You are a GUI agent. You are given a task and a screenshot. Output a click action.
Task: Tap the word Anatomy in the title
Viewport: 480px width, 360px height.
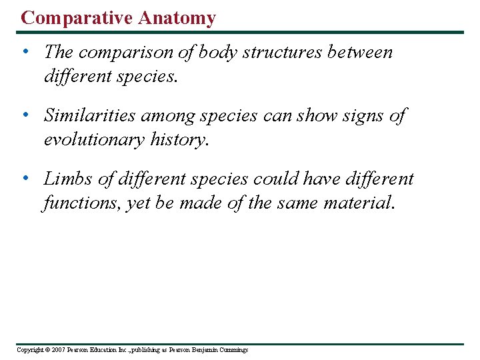pos(177,18)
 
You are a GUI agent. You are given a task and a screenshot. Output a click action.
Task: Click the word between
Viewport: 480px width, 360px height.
pos(360,52)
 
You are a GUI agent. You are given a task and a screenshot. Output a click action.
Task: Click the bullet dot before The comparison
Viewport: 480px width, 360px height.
pos(25,52)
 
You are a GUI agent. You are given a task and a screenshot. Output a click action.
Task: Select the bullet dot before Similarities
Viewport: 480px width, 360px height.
pos(25,115)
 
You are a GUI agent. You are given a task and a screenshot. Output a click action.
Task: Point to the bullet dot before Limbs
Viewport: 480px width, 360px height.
pos(25,179)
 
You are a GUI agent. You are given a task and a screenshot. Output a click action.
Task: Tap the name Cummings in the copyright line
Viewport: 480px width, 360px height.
pos(232,350)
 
